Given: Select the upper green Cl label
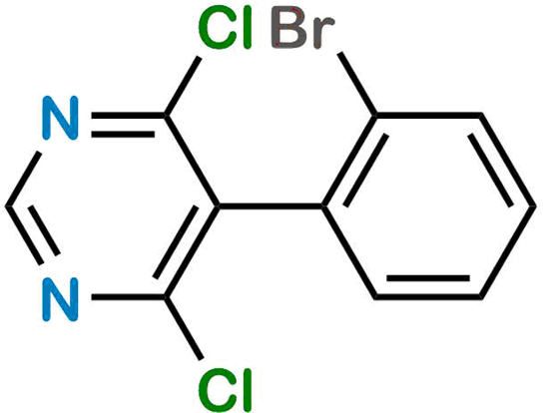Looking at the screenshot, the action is click(x=224, y=28).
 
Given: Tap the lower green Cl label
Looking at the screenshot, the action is click(x=225, y=390).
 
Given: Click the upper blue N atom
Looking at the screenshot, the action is click(x=61, y=118).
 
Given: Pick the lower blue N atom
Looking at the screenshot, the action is click(x=61, y=300).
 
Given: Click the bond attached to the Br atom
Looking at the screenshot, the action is click(x=357, y=84).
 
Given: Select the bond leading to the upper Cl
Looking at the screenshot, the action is click(x=182, y=86).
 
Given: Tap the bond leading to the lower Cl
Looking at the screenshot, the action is click(x=184, y=328).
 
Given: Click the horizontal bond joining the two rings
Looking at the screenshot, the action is click(x=271, y=206).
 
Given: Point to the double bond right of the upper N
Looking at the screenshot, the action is click(x=128, y=125).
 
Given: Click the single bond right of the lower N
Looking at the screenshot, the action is click(x=128, y=297).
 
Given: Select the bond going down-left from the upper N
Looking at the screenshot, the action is click(x=24, y=180).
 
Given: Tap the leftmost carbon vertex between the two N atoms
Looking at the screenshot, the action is click(x=7, y=206).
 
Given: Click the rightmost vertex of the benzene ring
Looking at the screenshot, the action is click(x=534, y=206).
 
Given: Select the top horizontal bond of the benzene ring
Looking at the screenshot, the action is click(x=428, y=116).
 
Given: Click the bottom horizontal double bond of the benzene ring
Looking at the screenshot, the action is click(x=428, y=288).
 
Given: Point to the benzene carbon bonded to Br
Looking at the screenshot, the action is click(x=376, y=116).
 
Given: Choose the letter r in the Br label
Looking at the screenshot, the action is click(x=324, y=33).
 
